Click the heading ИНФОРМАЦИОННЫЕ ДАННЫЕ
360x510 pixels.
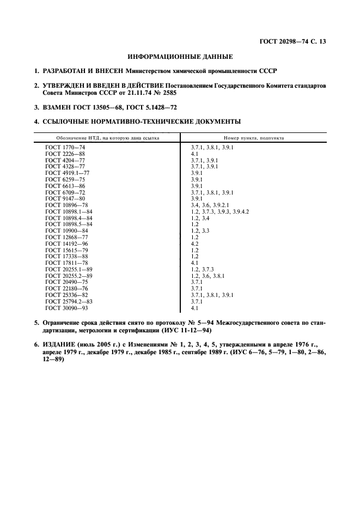point(180,56)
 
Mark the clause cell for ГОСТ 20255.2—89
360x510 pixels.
point(208,276)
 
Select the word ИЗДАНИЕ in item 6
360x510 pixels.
point(59,345)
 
